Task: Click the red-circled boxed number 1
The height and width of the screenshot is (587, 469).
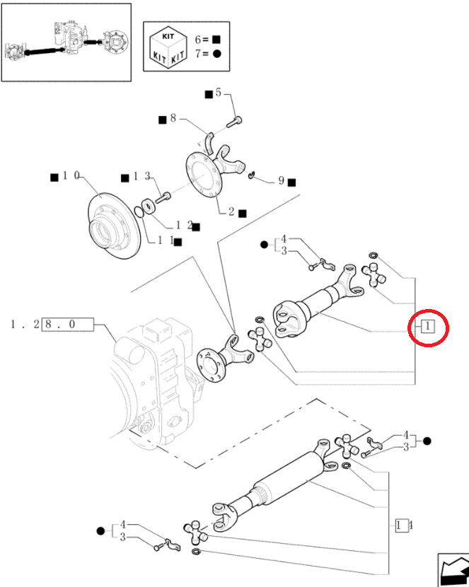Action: coord(428,327)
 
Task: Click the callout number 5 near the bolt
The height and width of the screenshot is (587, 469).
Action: coord(218,93)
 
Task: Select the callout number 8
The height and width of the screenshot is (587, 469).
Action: coord(173,118)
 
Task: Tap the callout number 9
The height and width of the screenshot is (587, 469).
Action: coord(281,181)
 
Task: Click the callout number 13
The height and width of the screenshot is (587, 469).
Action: coord(142,176)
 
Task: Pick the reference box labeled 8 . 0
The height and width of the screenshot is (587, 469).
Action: coord(68,324)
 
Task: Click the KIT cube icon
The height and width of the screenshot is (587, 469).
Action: coord(168,47)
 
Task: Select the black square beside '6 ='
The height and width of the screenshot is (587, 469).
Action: coord(216,40)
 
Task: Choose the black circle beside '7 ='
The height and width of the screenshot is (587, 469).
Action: coord(217,54)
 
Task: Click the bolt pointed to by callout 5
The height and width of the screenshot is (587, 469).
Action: coord(234,122)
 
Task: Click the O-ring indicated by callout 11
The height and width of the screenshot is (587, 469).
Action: coord(139,211)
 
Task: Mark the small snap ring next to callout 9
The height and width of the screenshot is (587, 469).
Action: coord(252,175)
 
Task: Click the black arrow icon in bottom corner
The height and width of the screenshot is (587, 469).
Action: coord(453,570)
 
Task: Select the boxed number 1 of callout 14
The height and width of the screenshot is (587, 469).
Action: coord(399,525)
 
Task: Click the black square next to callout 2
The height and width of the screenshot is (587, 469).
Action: coord(243,214)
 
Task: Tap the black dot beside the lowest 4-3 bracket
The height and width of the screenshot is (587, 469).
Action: coord(100,531)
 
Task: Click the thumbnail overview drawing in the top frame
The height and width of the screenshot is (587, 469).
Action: coord(66,42)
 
